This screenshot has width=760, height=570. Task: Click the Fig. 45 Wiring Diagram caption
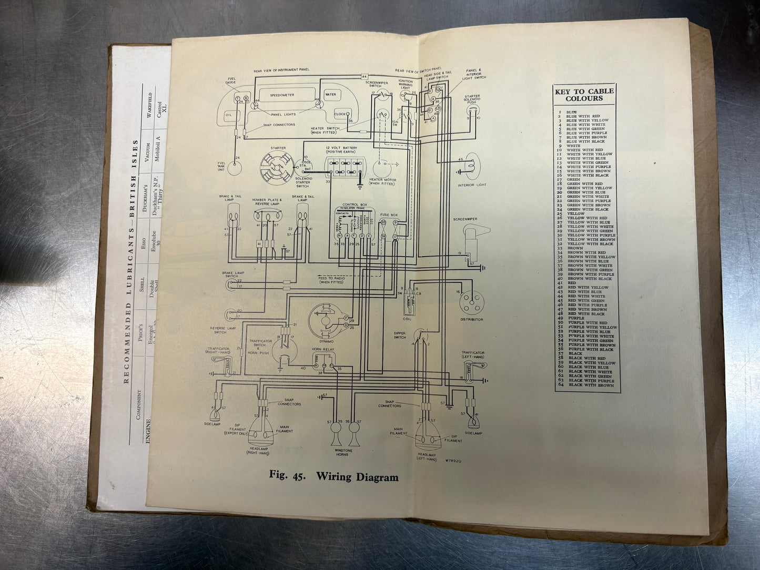[x=333, y=476]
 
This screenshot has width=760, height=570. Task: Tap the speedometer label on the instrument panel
[x=282, y=95]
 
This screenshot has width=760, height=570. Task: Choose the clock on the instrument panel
[x=340, y=114]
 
